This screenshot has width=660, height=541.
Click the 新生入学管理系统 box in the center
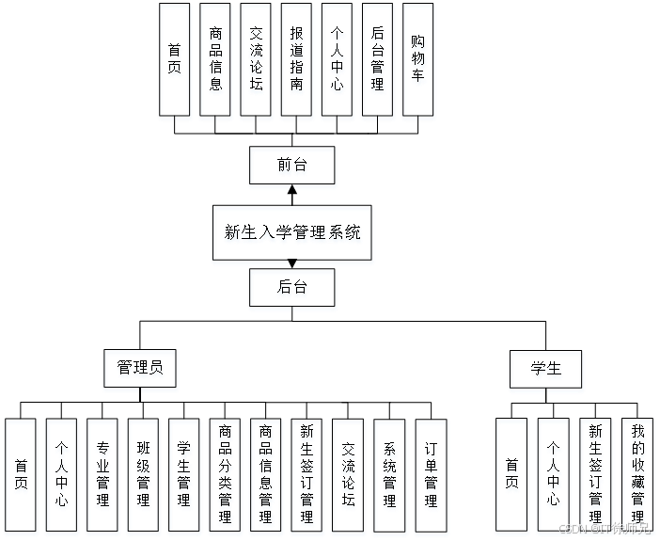coord(292,234)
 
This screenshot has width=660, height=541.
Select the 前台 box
coord(292,167)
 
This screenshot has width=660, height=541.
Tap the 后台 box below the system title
coord(292,290)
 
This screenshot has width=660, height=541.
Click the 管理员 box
coord(140,370)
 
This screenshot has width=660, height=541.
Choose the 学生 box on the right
coord(546,371)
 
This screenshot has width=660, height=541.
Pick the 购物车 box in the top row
coord(418,62)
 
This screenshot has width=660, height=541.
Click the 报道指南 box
coord(297,62)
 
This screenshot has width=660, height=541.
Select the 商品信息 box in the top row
coord(216,62)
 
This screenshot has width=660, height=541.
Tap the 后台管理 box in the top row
coord(378,62)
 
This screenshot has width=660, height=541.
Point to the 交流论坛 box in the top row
coord(257,62)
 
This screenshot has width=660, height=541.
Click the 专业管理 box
coord(102,478)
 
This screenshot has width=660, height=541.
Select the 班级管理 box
coord(144,478)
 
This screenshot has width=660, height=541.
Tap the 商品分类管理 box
coord(226,478)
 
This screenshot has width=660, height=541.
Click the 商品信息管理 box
coord(267,478)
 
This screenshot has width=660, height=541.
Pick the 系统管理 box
coord(390,478)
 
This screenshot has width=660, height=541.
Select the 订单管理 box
coord(432,478)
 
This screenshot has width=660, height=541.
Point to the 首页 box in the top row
coord(176,62)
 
